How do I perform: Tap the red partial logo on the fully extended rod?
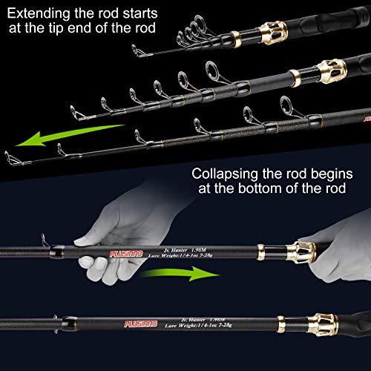pos(365,116)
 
